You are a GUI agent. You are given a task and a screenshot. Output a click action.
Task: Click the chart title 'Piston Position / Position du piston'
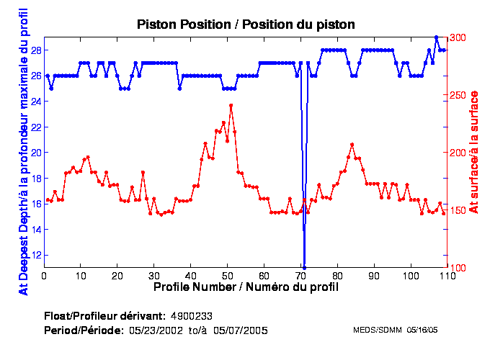click(246, 24)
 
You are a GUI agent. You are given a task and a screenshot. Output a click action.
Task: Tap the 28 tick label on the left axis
click(34, 50)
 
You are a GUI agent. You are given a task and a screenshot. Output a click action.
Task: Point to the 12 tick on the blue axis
click(34, 255)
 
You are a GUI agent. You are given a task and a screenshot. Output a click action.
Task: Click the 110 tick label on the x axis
click(447, 275)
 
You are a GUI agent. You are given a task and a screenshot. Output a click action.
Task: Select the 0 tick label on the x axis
click(44, 275)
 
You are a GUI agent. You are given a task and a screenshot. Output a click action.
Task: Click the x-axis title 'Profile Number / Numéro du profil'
click(246, 287)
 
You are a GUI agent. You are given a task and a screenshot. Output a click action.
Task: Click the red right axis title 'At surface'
click(473, 152)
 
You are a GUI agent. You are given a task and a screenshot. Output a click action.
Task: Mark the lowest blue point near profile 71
click(305, 267)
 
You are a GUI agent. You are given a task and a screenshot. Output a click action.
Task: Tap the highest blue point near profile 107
click(436, 37)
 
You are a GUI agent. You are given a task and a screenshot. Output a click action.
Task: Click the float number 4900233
click(191, 317)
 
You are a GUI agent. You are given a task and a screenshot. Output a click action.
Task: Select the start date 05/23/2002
click(154, 330)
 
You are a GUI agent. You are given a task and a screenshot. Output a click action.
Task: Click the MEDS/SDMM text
click(377, 330)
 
